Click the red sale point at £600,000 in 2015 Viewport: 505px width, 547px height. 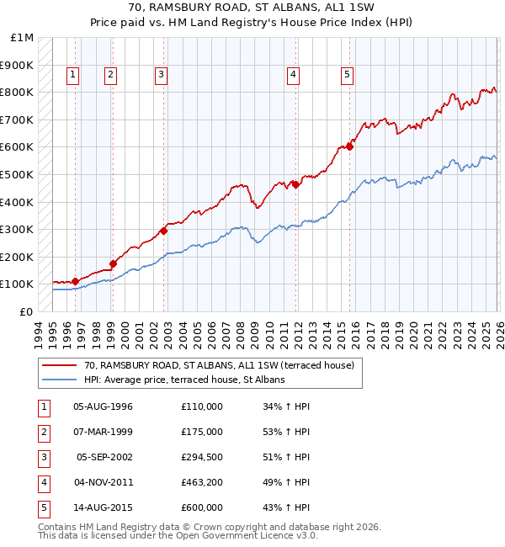coord(349,146)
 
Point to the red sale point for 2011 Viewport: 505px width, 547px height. coord(295,184)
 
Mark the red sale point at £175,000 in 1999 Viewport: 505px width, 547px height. coord(113,263)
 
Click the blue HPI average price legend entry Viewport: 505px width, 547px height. coord(184,380)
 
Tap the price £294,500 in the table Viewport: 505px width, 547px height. coord(202,457)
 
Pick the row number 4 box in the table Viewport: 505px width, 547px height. coord(42,482)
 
